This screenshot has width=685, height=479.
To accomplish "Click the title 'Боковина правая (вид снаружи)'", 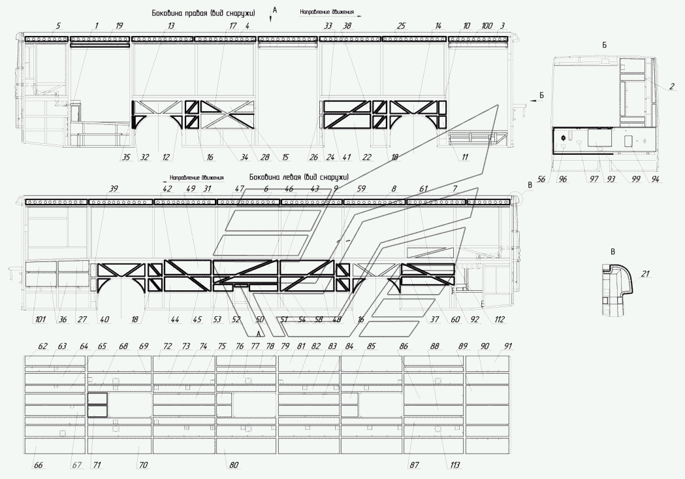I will [x=203, y=12].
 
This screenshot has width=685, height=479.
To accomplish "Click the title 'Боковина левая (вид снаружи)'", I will [x=298, y=177].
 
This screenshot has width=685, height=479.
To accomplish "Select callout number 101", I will [x=40, y=320].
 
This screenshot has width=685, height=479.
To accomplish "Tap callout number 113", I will [x=454, y=465].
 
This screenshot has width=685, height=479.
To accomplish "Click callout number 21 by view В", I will [x=646, y=274].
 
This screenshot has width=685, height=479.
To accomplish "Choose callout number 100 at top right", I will [x=486, y=26].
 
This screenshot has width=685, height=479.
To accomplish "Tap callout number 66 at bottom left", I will [x=38, y=465].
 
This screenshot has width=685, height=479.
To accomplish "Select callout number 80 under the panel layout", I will [x=234, y=465].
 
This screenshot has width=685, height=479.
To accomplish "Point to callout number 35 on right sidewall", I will [x=125, y=157].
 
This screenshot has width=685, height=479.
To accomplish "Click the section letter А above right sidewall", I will [x=275, y=10].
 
